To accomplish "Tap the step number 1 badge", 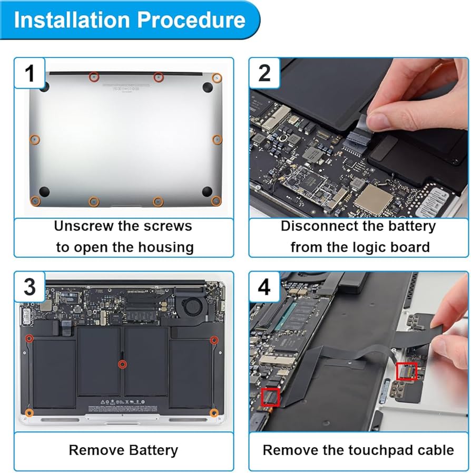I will [x=30, y=73].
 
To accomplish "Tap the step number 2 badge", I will [x=264, y=73].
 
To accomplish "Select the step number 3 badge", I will [x=30, y=287].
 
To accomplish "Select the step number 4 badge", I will [x=264, y=287].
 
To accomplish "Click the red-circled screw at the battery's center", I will [x=122, y=364].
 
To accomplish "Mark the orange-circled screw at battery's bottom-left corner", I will [x=30, y=412].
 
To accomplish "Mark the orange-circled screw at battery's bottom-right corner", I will [x=214, y=412].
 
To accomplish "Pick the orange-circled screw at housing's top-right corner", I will [x=217, y=78].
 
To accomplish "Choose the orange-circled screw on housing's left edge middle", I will [x=34, y=139].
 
